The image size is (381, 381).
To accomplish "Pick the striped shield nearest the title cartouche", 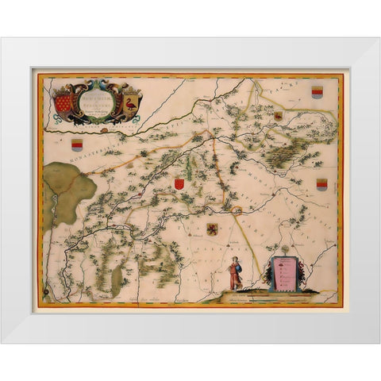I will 77,145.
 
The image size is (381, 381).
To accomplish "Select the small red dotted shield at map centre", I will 179,183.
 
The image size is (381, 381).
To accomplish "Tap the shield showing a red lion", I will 213,231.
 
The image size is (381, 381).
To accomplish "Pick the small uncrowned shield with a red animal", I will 278,116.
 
